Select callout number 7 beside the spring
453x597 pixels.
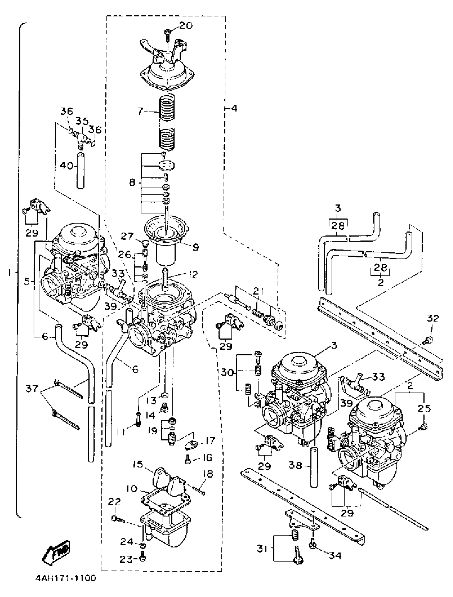[140, 111]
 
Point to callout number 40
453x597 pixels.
[66, 166]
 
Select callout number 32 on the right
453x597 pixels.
[433, 318]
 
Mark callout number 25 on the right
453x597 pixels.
[424, 409]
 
